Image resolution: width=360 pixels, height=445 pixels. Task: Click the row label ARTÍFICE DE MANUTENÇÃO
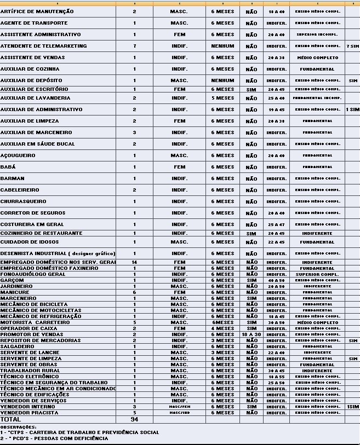[x=36, y=11]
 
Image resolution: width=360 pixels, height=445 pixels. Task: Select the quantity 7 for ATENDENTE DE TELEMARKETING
[x=134, y=46]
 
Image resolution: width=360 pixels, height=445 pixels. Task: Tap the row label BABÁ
[x=8, y=167]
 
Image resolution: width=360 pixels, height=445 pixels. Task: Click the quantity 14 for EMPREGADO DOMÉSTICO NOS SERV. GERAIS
[x=134, y=262]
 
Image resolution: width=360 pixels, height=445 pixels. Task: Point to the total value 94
[x=134, y=419]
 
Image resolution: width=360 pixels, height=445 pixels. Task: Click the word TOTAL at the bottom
[x=10, y=419]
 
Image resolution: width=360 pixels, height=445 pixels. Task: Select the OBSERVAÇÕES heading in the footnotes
[x=18, y=427]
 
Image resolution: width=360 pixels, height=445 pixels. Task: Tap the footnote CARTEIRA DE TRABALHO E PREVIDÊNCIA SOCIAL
[x=79, y=432]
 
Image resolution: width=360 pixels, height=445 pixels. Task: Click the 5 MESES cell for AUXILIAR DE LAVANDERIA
[x=222, y=98]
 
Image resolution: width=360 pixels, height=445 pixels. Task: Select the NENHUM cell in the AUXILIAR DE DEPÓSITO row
[x=222, y=80]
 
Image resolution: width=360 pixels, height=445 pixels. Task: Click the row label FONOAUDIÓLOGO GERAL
[x=33, y=274]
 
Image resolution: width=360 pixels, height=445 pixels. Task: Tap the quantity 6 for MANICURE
[x=134, y=292]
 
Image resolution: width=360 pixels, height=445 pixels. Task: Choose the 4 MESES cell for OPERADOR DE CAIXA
[x=222, y=328]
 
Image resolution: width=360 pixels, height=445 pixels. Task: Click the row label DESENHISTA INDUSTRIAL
[x=58, y=253]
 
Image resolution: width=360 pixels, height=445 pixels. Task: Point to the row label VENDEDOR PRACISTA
[x=27, y=413]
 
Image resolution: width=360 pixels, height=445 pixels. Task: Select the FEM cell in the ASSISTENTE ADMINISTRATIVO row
[x=179, y=34]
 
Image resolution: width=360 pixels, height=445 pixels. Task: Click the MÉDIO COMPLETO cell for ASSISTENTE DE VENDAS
[x=318, y=57]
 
